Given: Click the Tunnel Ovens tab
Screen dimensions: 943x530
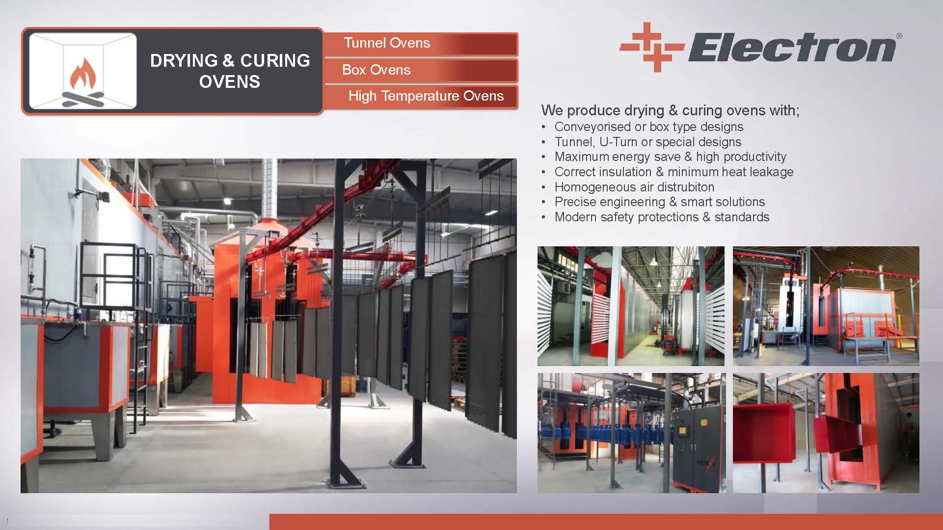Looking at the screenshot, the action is pyautogui.click(x=421, y=44).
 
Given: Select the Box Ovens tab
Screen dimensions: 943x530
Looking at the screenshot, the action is pyautogui.click(x=421, y=70).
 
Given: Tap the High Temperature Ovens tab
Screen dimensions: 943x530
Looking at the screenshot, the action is pyautogui.click(x=421, y=96).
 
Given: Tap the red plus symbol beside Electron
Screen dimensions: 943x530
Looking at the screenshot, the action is pyautogui.click(x=651, y=47).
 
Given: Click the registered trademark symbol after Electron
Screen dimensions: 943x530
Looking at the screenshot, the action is pyautogui.click(x=899, y=36).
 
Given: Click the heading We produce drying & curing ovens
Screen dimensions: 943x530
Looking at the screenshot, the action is pyautogui.click(x=670, y=110).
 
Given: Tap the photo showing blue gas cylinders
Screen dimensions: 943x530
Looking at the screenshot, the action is pyautogui.click(x=631, y=433).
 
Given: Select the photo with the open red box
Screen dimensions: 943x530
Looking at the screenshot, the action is pyautogui.click(x=826, y=433).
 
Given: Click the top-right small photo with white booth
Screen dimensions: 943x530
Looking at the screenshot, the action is pyautogui.click(x=826, y=306).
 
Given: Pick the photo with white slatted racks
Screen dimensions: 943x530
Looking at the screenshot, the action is pyautogui.click(x=631, y=306).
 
